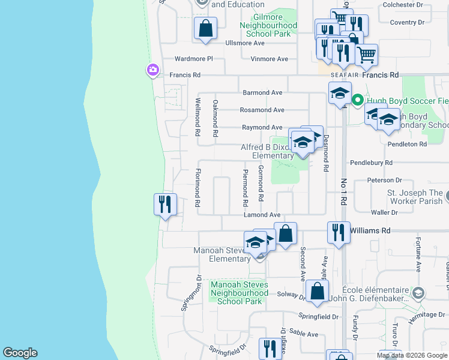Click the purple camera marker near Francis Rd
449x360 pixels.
(153, 71)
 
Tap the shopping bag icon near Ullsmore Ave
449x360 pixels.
(205, 28)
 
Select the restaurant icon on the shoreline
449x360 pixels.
(164, 205)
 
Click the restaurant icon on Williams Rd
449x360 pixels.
(339, 232)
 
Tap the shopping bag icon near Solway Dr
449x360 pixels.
(316, 292)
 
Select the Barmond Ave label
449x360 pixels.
(262, 93)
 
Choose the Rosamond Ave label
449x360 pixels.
(262, 110)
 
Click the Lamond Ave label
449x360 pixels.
(262, 215)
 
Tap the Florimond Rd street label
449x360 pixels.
(197, 188)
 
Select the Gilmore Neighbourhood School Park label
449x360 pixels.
(268, 26)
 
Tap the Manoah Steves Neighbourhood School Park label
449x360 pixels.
(239, 293)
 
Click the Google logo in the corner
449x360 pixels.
(20, 353)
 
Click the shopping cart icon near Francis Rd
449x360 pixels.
(366, 55)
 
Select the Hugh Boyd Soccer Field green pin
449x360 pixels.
(357, 100)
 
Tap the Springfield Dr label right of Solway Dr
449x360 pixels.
(319, 316)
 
